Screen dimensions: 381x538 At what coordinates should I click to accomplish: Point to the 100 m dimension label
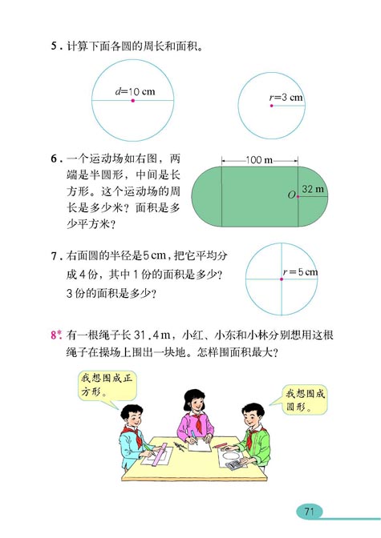(257, 163)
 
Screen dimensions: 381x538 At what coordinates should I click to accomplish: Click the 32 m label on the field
(313, 190)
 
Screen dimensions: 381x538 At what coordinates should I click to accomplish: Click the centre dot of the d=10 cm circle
(133, 101)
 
